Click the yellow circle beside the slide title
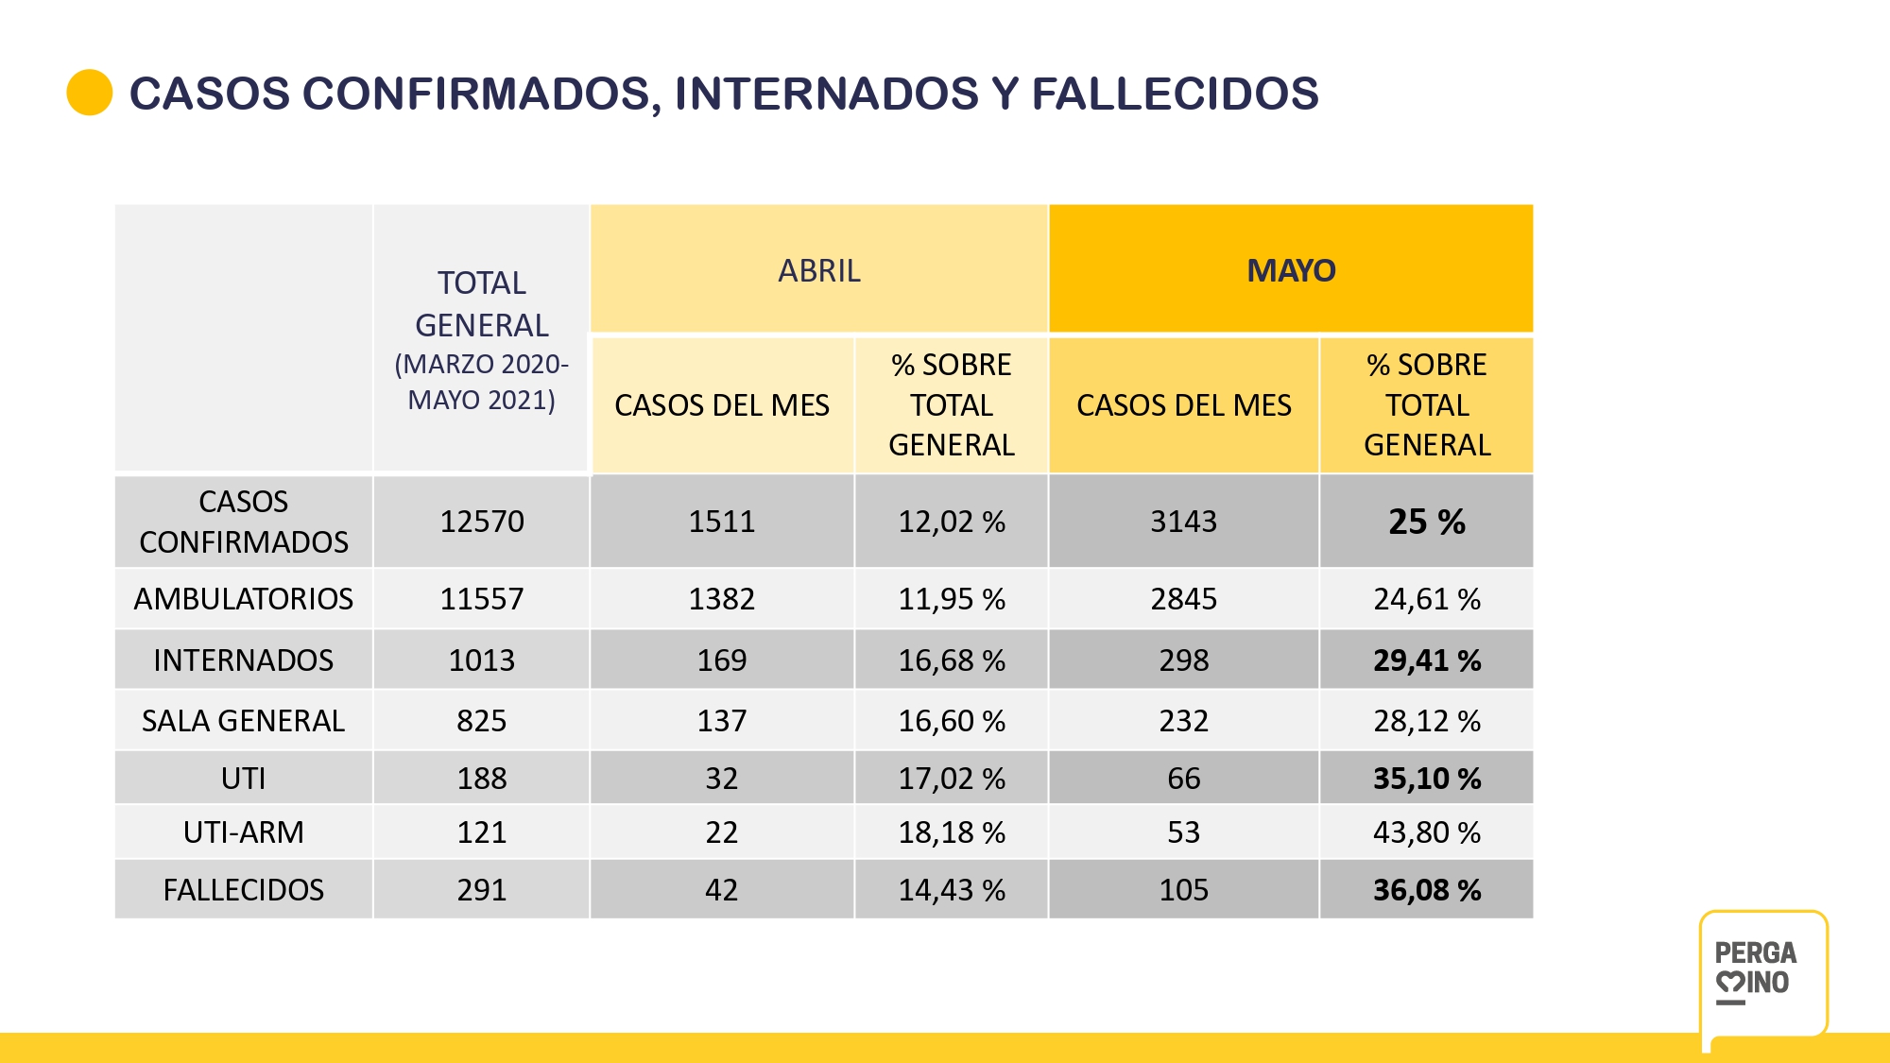[x=90, y=93]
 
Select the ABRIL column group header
[x=818, y=271]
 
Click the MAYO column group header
[x=1290, y=271]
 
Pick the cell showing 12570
[x=481, y=522]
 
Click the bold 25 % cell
[x=1426, y=522]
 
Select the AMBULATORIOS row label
[x=243, y=599]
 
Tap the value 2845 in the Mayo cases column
[x=1183, y=599]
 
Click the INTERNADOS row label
[x=243, y=660]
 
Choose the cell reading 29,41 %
[x=1426, y=660]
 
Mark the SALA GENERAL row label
[x=243, y=721]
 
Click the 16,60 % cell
[x=951, y=721]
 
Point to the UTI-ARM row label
[x=243, y=832]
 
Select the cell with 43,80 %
[x=1426, y=832]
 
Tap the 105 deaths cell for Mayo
[x=1183, y=890]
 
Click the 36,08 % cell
[x=1426, y=890]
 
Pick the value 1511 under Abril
[x=721, y=522]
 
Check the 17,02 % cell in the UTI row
[x=951, y=779]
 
